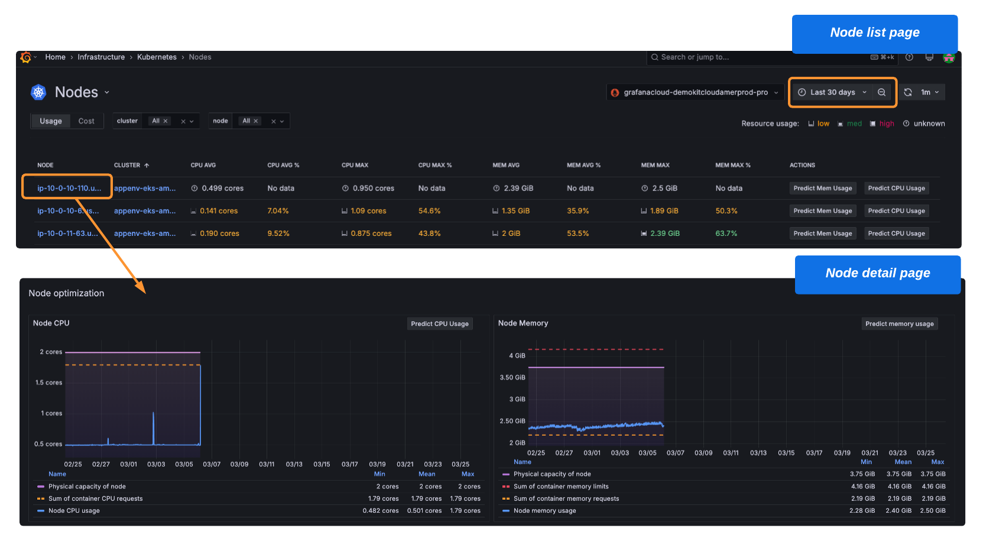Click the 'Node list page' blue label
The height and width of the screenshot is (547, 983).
coord(874,33)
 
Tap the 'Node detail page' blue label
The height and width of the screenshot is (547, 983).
coord(877,274)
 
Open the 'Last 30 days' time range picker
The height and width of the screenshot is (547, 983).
coord(832,92)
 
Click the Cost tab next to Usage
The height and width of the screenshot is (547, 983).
coord(86,121)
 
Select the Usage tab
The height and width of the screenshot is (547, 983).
coord(51,121)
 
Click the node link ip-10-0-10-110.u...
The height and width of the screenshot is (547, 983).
coord(69,189)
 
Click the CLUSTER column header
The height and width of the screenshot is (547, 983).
coord(128,166)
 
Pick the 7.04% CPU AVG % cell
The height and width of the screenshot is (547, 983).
coord(278,211)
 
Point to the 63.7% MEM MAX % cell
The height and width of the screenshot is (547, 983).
coord(726,234)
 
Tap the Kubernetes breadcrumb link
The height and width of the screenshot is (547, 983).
coord(157,57)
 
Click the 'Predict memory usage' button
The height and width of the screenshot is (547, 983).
coord(899,324)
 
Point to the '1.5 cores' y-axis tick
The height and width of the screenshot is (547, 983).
coord(48,383)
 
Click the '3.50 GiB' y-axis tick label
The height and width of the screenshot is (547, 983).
coord(512,377)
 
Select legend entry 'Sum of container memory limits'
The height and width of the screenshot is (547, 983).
coord(560,487)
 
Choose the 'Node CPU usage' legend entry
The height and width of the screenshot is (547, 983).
coord(74,511)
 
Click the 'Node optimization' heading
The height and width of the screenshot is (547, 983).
coord(66,293)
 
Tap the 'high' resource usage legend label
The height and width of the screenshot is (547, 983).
coord(886,124)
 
